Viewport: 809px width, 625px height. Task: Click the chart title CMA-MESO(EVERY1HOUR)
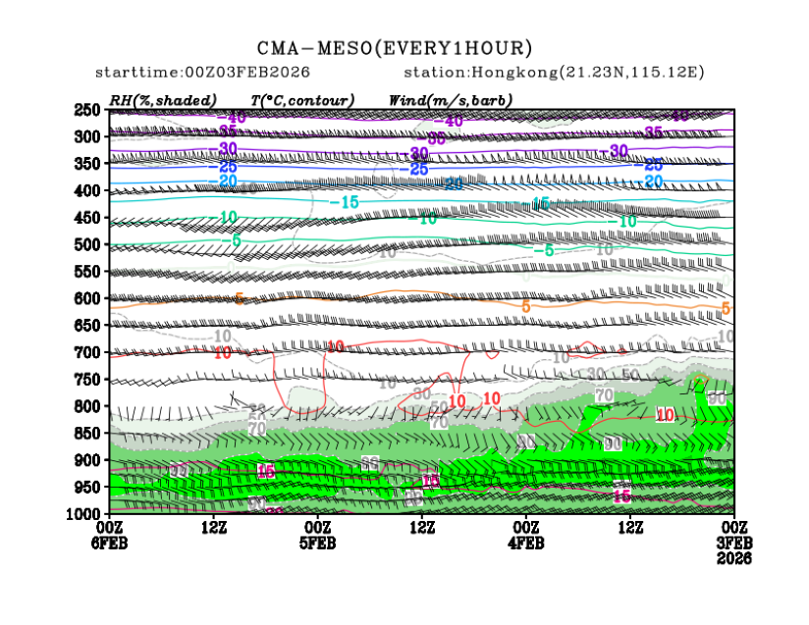[x=395, y=48]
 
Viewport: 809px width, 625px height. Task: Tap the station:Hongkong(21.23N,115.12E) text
[x=554, y=74]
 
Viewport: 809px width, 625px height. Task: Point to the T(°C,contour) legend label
[x=302, y=100]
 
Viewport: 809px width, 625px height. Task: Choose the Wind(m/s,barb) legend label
[x=451, y=100]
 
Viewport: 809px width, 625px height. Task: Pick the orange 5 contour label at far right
[x=726, y=309]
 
